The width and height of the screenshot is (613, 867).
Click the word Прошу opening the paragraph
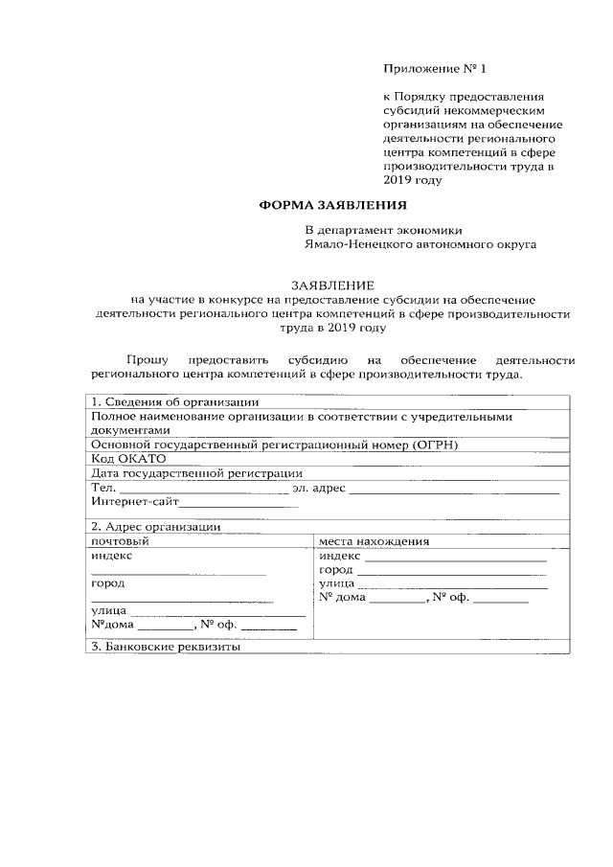pyautogui.click(x=147, y=359)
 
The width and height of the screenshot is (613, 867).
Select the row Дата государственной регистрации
pyautogui.click(x=196, y=472)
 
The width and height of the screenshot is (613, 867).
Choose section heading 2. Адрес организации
pyautogui.click(x=156, y=526)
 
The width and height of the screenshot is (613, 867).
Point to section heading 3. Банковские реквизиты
pyautogui.click(x=165, y=647)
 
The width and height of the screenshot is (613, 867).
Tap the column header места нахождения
pyautogui.click(x=375, y=540)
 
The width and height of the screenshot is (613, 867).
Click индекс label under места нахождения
pyautogui.click(x=340, y=556)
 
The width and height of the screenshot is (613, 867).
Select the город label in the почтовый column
pyautogui.click(x=107, y=582)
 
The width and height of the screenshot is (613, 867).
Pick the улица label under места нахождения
pyautogui.click(x=337, y=582)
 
